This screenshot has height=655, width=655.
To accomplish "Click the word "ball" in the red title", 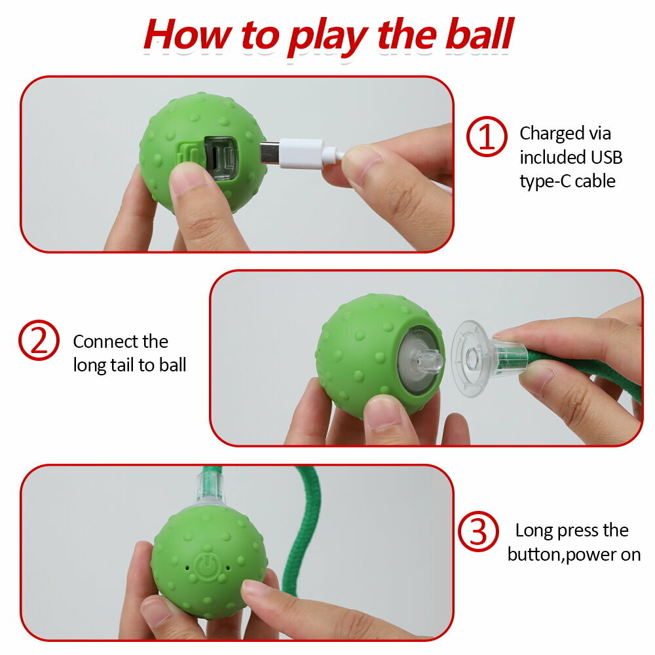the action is click(479, 34).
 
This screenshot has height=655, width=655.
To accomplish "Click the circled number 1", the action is click(487, 136).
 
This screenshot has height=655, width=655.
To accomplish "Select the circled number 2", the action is click(39, 340).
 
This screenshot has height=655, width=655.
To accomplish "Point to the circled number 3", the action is click(478, 531).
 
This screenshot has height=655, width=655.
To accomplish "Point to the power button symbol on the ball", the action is click(208, 566).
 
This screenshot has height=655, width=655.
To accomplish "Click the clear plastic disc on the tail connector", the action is click(472, 358).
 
